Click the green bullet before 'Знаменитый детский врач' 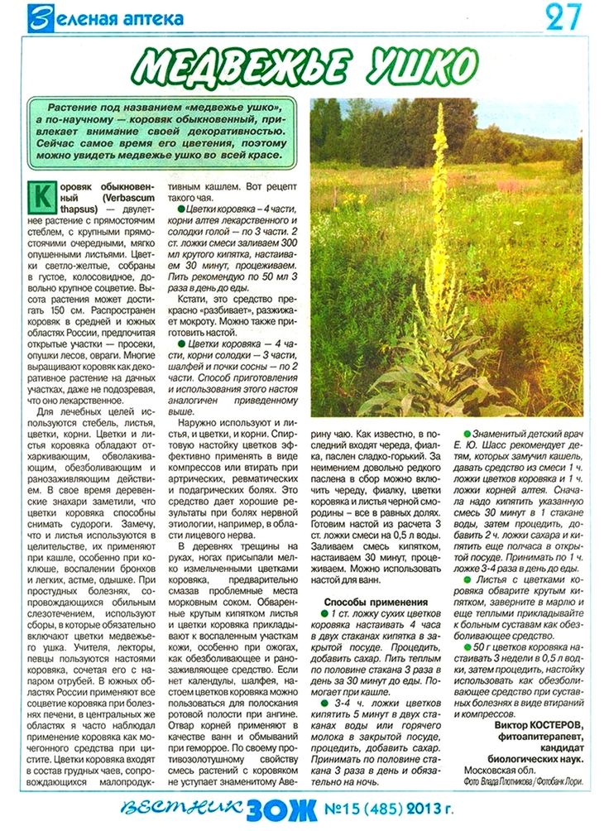coord(467,434)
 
